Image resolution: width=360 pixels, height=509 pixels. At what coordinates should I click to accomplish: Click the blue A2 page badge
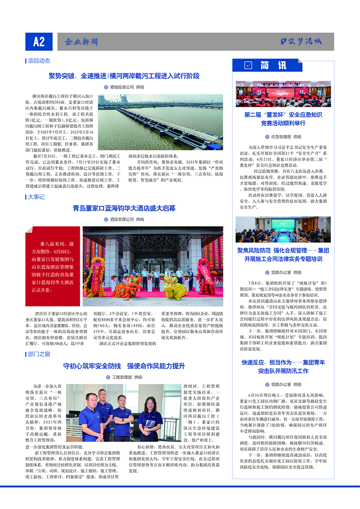[x=39, y=42]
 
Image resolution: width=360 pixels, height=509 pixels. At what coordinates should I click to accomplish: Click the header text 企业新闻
[x=81, y=42]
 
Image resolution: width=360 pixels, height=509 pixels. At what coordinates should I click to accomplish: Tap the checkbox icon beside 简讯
[x=248, y=65]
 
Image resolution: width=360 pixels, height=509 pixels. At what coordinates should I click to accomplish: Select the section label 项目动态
[x=39, y=61]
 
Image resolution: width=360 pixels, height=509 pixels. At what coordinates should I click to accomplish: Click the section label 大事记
[x=36, y=197]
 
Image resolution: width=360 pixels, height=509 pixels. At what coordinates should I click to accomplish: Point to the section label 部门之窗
[x=39, y=354]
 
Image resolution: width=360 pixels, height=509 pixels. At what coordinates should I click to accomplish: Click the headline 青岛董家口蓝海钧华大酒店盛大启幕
[x=124, y=208]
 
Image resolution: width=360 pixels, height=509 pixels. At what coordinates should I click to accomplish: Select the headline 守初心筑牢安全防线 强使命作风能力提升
[x=124, y=366]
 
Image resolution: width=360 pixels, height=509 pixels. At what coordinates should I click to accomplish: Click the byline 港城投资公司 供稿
[x=124, y=87]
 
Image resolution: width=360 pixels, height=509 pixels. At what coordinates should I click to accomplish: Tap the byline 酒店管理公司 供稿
[x=124, y=219]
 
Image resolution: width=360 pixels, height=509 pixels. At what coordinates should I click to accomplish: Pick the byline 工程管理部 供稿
[x=124, y=377]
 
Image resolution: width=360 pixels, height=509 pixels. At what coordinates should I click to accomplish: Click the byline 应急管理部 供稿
[x=283, y=137]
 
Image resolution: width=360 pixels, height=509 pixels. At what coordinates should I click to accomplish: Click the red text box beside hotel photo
[x=53, y=266]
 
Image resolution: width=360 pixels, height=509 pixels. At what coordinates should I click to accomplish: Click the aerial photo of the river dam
[x=160, y=122]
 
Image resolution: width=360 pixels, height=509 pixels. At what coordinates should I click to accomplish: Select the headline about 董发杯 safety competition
[x=283, y=119]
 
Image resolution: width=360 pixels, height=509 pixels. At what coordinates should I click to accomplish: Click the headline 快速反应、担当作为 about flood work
[x=283, y=367]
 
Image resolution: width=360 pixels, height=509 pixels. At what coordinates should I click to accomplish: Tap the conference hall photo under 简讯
[x=283, y=94]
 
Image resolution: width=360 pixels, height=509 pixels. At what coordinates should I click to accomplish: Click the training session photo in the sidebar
[x=283, y=230]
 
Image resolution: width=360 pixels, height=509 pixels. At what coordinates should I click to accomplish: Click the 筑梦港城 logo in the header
[x=301, y=42]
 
